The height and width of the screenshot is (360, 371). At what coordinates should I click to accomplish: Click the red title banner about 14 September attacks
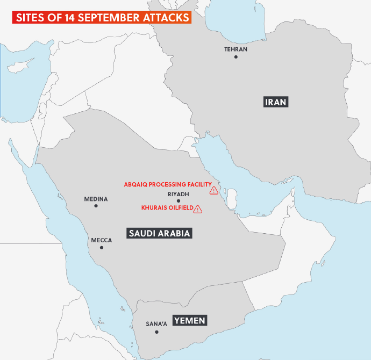tap(102, 17)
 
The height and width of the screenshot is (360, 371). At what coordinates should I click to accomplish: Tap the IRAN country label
tap(275, 102)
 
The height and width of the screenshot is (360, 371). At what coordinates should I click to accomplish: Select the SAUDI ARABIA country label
tap(160, 233)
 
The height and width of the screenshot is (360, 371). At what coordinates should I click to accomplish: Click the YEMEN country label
tap(189, 320)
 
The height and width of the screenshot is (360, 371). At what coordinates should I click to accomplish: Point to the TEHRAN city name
tap(236, 49)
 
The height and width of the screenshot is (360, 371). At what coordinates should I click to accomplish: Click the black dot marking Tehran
tap(236, 56)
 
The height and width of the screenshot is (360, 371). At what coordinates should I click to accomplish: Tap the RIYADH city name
tap(179, 193)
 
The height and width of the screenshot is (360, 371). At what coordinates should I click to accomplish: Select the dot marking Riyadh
tap(179, 200)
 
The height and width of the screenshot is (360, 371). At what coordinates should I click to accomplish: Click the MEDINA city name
tap(96, 199)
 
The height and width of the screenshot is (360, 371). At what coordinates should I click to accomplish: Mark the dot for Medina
tap(96, 206)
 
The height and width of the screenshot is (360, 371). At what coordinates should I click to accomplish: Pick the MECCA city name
tap(102, 240)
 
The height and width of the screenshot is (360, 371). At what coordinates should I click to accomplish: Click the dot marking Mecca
tap(102, 248)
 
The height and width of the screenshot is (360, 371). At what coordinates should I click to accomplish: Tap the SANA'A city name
tap(157, 324)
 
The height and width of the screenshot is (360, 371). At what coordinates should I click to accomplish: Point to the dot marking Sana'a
tap(157, 332)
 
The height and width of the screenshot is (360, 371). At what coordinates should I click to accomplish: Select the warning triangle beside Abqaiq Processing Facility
tap(214, 190)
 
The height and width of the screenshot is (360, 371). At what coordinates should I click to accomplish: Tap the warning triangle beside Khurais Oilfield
tap(198, 208)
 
